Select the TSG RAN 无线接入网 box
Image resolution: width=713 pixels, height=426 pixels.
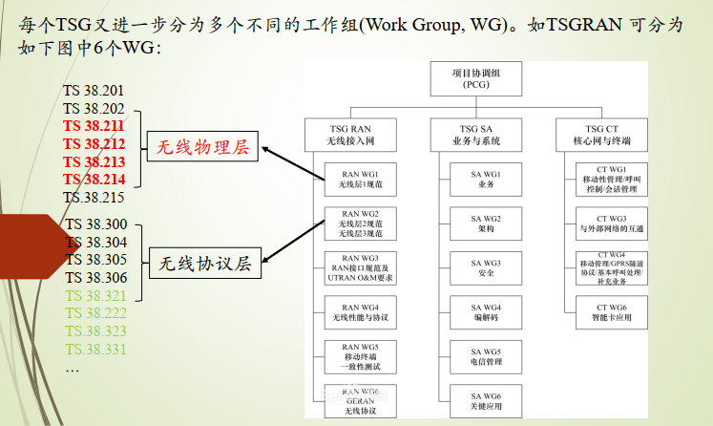click(347, 135)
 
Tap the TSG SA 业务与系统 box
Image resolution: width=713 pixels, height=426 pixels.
click(476, 135)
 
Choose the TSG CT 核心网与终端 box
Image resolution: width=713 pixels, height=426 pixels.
click(607, 135)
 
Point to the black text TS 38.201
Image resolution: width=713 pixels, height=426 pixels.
click(94, 91)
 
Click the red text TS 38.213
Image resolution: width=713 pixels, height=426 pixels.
click(94, 161)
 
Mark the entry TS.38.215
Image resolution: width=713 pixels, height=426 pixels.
click(94, 198)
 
